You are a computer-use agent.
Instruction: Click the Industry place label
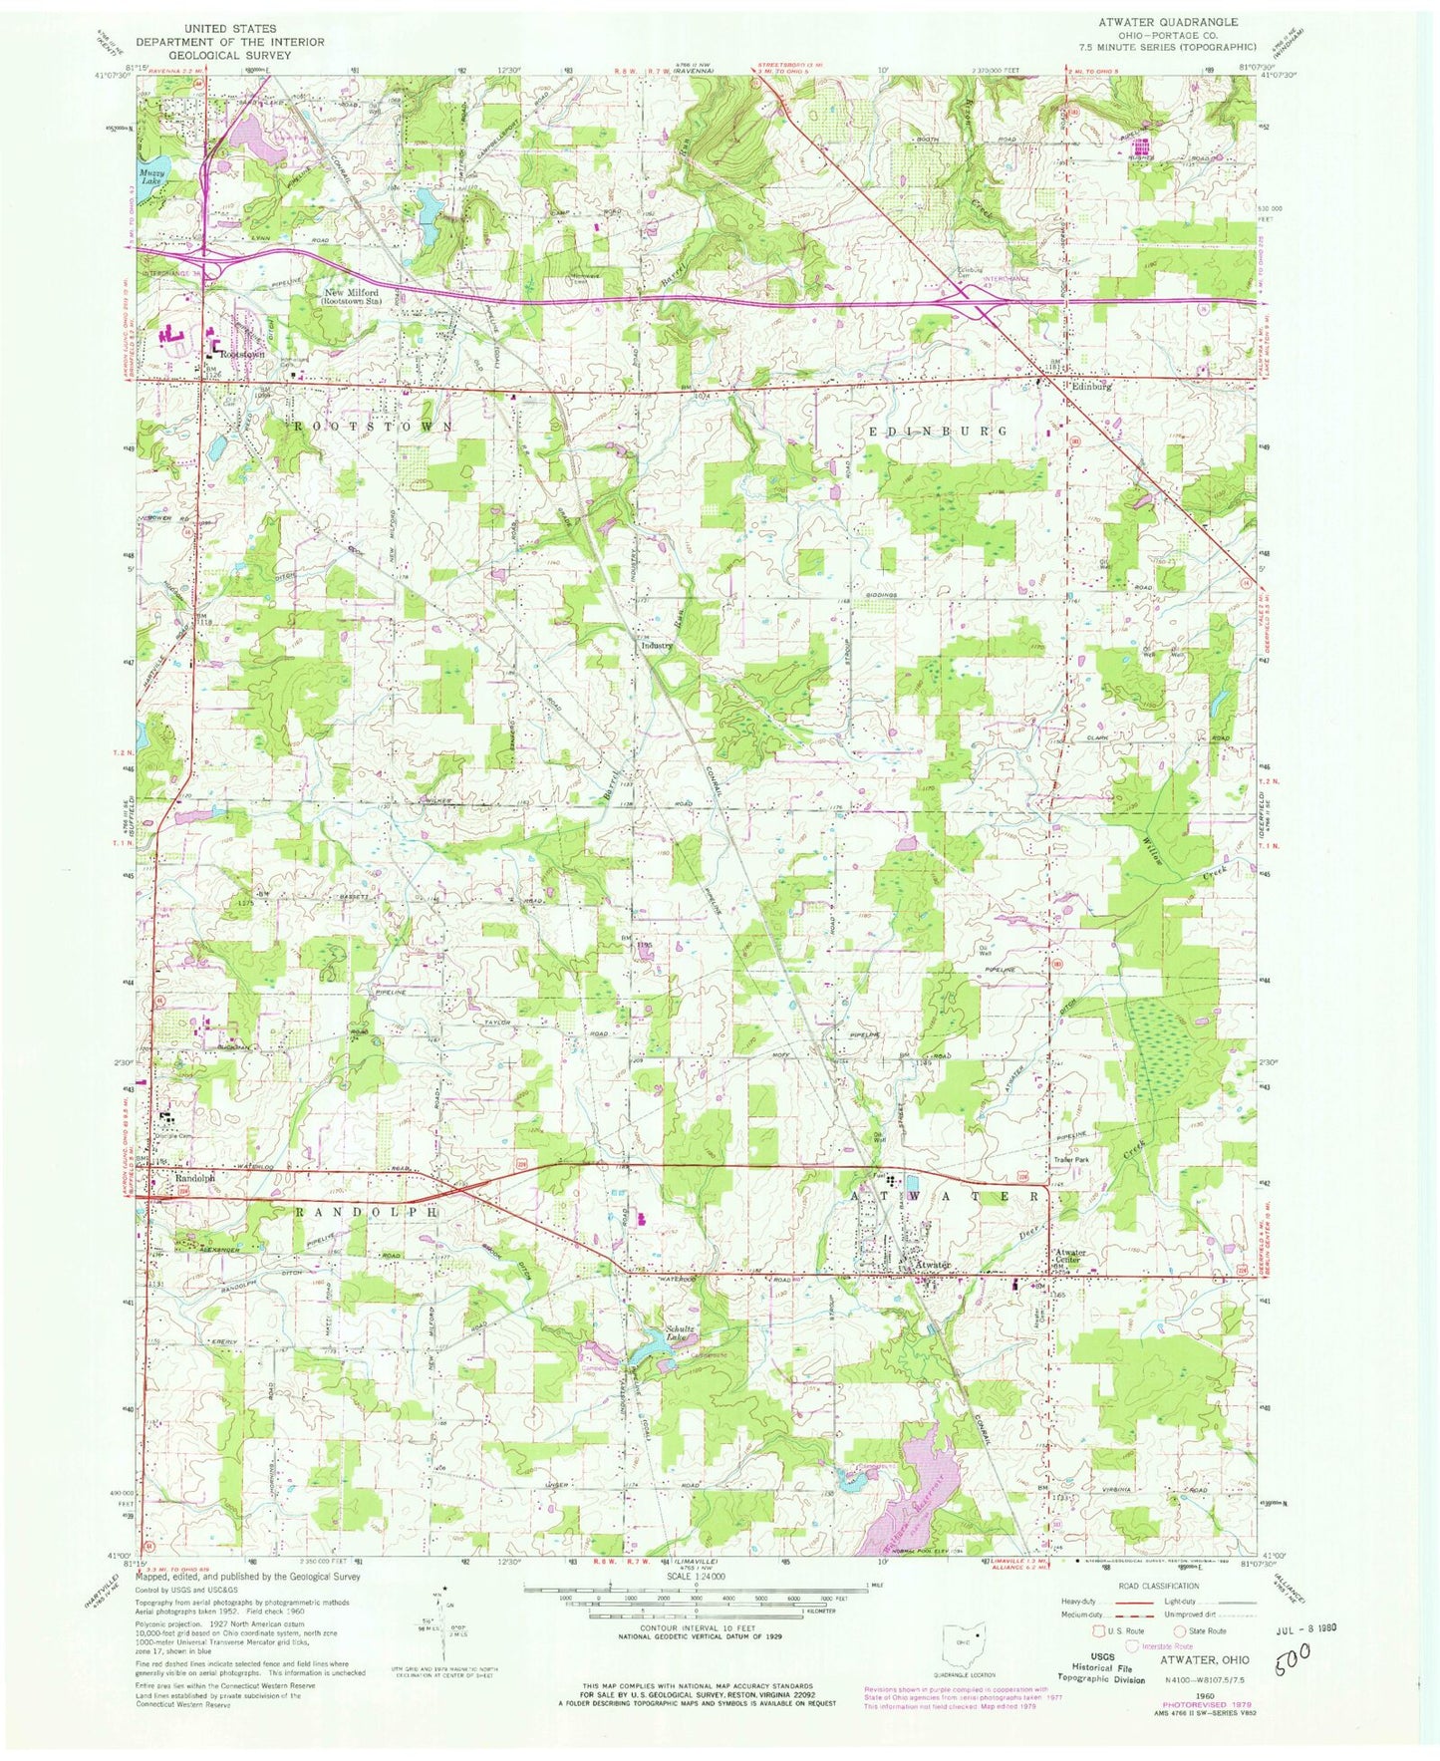[x=657, y=645]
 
